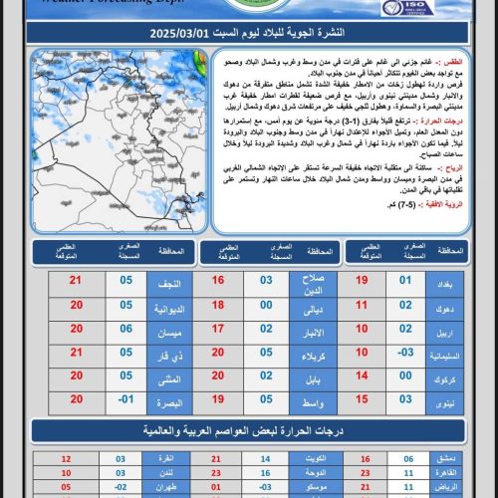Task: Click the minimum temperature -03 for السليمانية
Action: (406, 352)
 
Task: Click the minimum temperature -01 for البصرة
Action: (125, 400)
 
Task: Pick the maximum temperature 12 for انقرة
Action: (66, 459)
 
